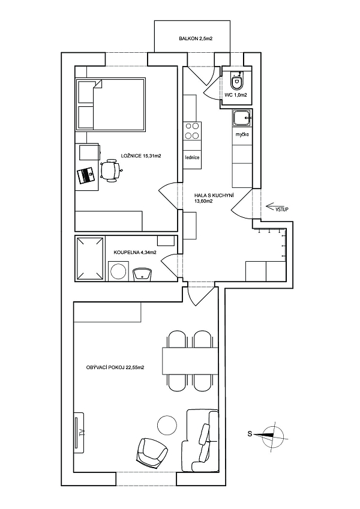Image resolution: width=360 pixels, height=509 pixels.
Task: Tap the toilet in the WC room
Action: pos(236,81)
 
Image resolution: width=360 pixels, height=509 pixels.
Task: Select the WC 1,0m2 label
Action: pos(236,95)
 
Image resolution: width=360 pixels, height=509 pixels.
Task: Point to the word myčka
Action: pos(242,134)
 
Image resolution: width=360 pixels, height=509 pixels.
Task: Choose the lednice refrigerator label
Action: pos(192,158)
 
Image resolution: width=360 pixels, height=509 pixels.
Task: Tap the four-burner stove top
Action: pos(192,131)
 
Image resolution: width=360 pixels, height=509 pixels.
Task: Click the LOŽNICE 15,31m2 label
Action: pos(141,156)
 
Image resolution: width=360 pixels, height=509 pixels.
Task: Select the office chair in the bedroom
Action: pos(110,169)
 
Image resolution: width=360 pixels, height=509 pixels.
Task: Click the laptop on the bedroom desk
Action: pos(86,176)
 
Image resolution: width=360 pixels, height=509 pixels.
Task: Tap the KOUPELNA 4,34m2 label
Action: pos(135,252)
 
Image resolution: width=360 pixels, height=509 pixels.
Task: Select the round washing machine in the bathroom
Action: pos(118,271)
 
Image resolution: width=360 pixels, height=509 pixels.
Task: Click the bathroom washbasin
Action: pos(142,274)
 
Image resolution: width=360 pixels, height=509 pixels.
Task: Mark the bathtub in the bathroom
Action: pos(90,258)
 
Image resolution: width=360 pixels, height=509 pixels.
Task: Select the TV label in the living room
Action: pos(80,433)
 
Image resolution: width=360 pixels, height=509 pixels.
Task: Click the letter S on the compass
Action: pos(250,434)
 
